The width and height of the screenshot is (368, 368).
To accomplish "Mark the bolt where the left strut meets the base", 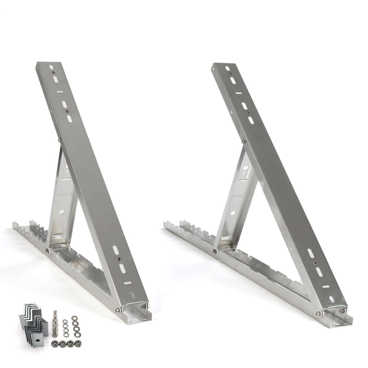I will click(48, 251).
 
